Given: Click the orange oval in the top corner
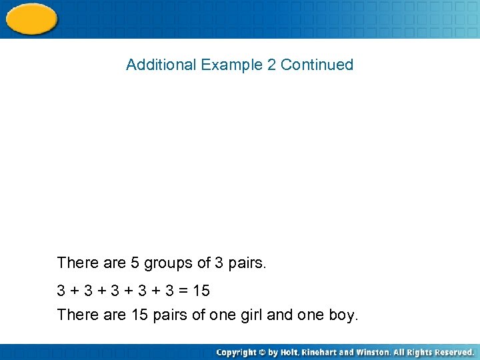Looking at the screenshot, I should click(31, 19).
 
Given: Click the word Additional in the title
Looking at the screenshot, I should click(161, 65).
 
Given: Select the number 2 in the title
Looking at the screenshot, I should click(271, 65).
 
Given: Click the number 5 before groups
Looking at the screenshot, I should click(135, 263).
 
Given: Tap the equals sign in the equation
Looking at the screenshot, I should click(181, 291).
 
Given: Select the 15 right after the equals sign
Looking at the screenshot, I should click(200, 291).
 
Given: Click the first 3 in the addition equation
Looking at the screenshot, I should click(61, 291).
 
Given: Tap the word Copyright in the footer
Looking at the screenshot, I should click(237, 352).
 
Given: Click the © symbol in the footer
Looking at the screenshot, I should click(263, 352).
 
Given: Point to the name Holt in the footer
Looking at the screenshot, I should click(289, 352).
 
